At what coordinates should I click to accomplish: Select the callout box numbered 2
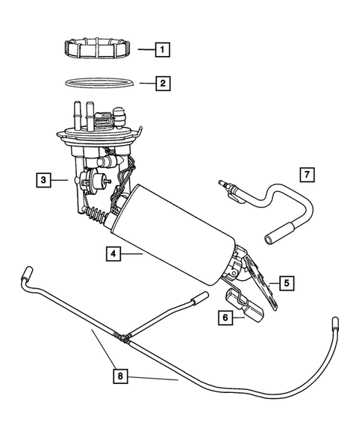(162, 83)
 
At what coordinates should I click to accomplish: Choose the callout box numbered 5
(286, 282)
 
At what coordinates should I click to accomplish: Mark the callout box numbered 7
(307, 175)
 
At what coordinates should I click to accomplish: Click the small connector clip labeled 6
(246, 306)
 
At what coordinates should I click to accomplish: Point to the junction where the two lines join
(122, 337)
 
